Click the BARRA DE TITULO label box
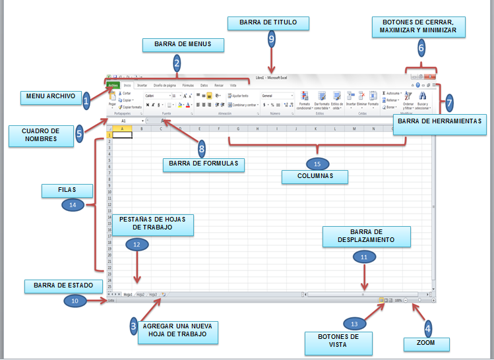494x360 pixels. pyautogui.click(x=268, y=23)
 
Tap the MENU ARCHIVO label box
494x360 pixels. pyautogui.click(x=51, y=96)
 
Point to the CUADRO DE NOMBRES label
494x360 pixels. pyautogui.click(x=41, y=135)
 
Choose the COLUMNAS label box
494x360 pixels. pyautogui.click(x=314, y=177)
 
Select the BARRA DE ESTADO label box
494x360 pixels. pyautogui.click(x=64, y=286)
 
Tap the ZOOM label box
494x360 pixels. pyautogui.click(x=426, y=344)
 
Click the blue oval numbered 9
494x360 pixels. pyautogui.click(x=271, y=40)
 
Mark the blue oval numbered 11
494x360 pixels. pyautogui.click(x=363, y=258)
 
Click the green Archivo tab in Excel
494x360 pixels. pyautogui.click(x=113, y=85)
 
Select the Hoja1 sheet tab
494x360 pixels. pyautogui.click(x=127, y=294)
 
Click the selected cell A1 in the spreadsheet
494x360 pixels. pyautogui.click(x=122, y=135)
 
